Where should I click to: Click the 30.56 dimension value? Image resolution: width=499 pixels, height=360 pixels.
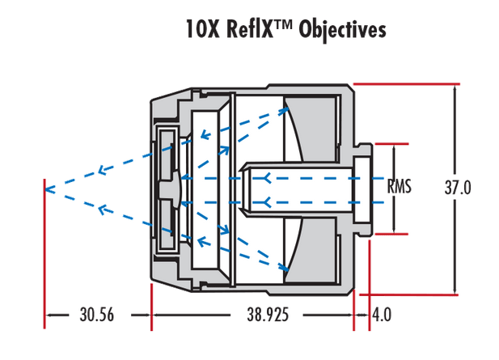96,315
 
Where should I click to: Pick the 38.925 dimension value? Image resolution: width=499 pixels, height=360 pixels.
252,315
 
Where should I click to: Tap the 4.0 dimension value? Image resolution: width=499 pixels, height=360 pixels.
382,315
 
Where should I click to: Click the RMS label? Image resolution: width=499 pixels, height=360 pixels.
400,187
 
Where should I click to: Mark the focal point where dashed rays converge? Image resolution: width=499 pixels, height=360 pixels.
47,189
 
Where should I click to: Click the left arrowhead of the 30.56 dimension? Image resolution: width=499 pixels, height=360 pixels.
49,315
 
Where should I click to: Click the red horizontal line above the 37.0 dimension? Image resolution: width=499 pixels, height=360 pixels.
404,83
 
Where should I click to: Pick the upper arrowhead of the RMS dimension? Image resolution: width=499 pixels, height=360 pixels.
394,149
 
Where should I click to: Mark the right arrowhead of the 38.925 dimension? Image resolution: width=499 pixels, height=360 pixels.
350,315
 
